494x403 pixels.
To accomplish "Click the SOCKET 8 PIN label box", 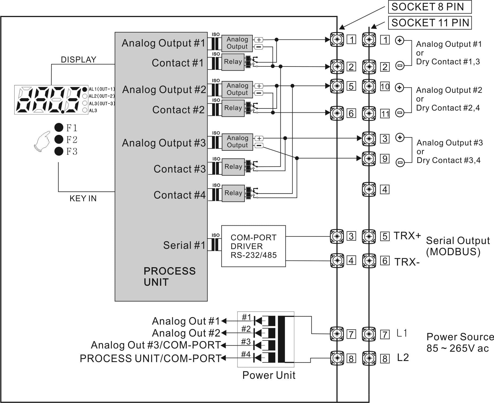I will (429, 7).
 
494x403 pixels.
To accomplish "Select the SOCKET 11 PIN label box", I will (430, 23).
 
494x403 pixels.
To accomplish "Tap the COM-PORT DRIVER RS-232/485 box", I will (254, 246).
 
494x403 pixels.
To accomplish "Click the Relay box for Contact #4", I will (233, 193).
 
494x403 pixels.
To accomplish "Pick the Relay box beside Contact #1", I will (233, 62).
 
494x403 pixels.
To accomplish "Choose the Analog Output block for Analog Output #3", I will (237, 142).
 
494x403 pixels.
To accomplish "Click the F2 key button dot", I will (59, 139).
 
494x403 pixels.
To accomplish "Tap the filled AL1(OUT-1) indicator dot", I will (85, 89).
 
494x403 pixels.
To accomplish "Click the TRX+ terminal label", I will (407, 236).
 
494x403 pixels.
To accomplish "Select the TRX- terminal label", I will (407, 262).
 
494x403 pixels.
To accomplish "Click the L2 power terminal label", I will (403, 358).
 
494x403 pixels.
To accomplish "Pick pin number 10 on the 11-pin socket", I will (385, 87).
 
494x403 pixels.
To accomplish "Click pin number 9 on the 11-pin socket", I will (385, 159).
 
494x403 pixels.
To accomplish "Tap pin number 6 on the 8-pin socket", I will (351, 114).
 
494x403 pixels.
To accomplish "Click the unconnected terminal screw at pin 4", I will (369, 189).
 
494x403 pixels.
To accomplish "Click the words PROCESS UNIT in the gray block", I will (170, 276).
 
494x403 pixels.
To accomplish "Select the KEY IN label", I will (83, 198).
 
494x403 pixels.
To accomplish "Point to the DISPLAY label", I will (78, 60).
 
